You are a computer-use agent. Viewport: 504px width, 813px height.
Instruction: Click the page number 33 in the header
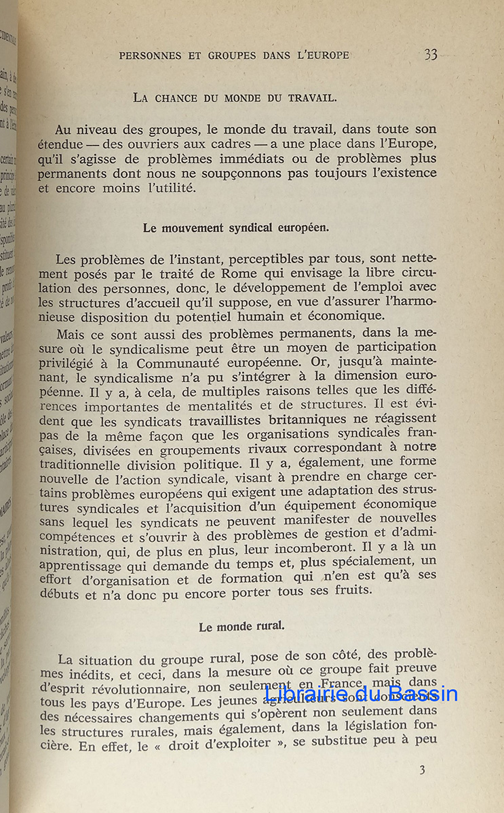pyautogui.click(x=431, y=55)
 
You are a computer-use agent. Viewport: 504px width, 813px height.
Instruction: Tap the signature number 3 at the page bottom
pyautogui.click(x=422, y=770)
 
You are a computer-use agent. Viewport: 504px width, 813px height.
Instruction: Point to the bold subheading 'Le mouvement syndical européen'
pyautogui.click(x=236, y=228)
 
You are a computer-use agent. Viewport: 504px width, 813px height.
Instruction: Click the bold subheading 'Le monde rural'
pyautogui.click(x=241, y=627)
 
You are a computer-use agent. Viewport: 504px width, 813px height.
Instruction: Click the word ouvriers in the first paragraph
pyautogui.click(x=180, y=144)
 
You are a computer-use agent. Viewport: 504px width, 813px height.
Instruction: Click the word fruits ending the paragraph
pyautogui.click(x=347, y=589)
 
